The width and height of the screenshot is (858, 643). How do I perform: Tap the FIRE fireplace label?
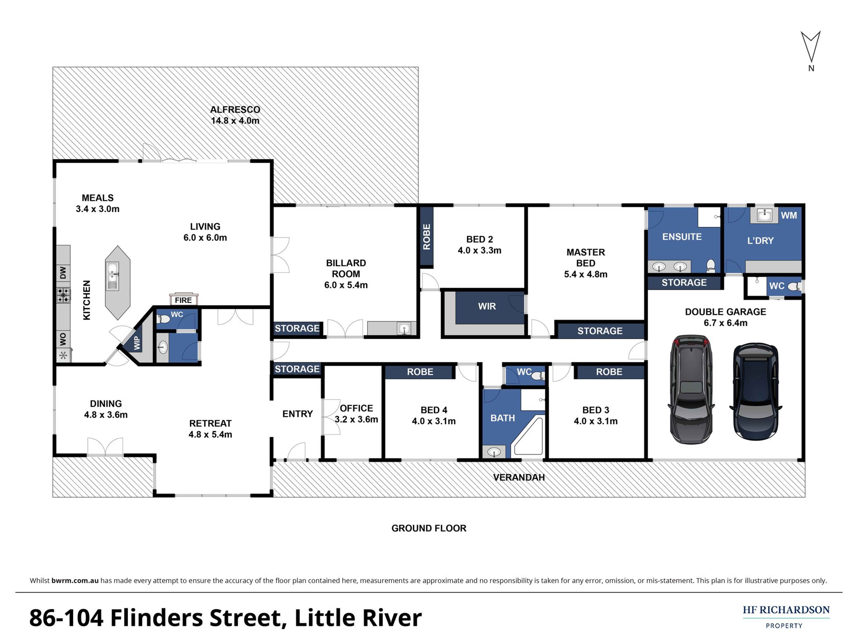coord(183,300)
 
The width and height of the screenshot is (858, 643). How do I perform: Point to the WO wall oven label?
coord(63,339)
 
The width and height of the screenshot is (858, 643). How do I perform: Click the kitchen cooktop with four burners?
coord(63,295)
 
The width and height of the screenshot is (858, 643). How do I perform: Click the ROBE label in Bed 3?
coord(609,372)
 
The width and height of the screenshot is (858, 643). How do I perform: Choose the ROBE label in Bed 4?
coord(420,372)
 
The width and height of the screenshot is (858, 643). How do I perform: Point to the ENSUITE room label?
coord(682,237)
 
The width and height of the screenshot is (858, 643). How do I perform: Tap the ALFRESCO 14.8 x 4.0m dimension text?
coord(235,121)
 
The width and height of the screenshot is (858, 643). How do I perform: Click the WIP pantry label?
coord(137,343)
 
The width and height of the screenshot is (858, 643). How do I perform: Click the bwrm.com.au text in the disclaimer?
coord(75,581)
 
